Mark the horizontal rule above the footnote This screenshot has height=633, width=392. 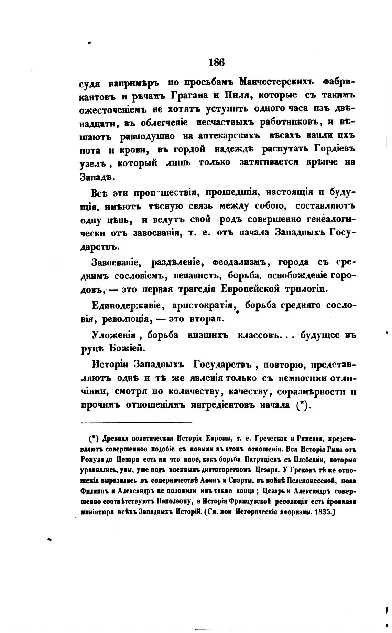pyautogui.click(x=137, y=422)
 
